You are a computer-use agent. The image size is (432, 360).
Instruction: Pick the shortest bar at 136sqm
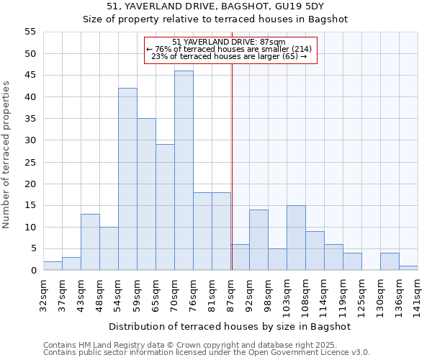click(x=408, y=268)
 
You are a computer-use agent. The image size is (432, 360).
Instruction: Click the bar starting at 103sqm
click(x=296, y=238)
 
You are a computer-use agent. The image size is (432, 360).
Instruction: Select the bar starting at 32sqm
click(x=53, y=266)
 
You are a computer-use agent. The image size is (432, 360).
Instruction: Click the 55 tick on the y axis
click(x=30, y=32)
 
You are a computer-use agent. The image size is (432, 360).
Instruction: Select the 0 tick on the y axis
click(x=33, y=271)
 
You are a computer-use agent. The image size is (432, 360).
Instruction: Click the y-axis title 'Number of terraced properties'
click(x=6, y=155)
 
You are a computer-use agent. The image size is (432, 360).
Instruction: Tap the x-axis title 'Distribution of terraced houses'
click(x=230, y=326)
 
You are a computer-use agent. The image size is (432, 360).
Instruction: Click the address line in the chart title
click(x=215, y=6)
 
